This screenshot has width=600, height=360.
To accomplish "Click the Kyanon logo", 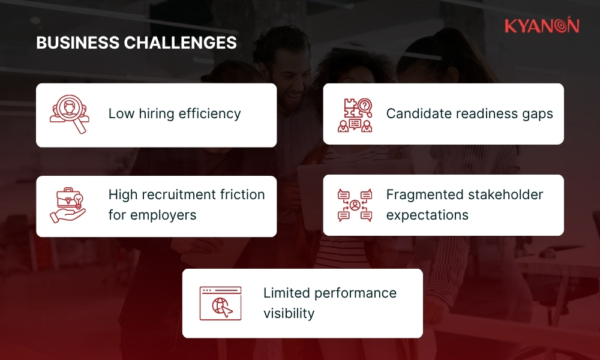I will point(541,26).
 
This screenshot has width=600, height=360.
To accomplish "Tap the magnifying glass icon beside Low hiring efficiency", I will point(69,114).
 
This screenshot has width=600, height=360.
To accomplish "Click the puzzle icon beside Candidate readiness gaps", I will point(355,114).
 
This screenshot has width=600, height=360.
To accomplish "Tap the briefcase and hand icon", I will point(68,205).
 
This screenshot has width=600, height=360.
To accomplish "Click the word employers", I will point(163,215).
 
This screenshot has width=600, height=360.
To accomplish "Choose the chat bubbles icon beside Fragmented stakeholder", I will point(355,205).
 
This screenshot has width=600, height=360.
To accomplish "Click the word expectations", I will point(427,215).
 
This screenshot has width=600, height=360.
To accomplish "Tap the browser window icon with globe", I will point(220,303).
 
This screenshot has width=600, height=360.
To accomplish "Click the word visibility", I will point(289,313).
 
